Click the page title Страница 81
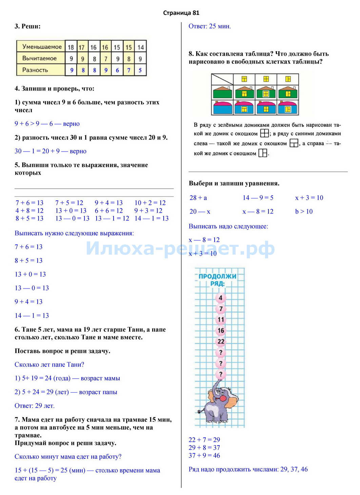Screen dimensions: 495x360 click(181, 13)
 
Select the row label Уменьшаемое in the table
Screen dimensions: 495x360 click(42, 47)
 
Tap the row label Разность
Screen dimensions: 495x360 click(35, 70)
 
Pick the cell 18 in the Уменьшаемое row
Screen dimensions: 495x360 click(71, 47)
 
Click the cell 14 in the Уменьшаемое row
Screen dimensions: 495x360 click(140, 47)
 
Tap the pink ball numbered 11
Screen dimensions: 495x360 click(221, 319)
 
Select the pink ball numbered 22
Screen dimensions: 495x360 click(221, 341)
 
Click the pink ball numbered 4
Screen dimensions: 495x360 click(221, 298)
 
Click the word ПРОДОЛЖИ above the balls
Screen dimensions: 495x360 click(217, 276)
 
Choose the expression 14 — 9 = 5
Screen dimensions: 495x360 click(258, 198)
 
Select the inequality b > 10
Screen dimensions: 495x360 click(304, 212)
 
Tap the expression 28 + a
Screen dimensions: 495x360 click(198, 198)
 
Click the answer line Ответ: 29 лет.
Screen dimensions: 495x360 click(35, 406)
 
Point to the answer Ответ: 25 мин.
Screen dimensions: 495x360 click(209, 26)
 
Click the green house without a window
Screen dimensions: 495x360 click(222, 92)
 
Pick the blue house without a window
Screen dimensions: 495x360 click(222, 107)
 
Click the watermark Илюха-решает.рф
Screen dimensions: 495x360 click(180, 248)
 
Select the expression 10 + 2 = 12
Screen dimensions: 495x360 click(150, 203)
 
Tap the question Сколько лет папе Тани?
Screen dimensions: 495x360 click(49, 364)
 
